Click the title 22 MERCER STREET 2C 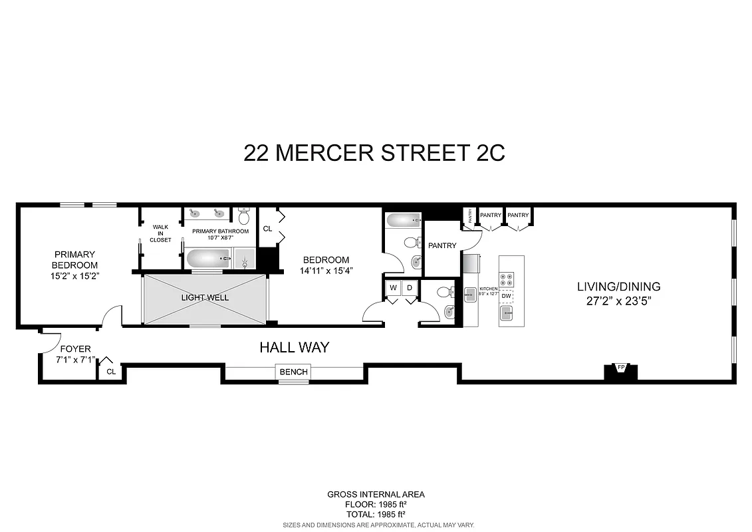click(x=374, y=153)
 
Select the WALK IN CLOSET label click(x=160, y=233)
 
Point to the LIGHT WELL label click(x=205, y=297)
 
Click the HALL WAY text click(x=294, y=347)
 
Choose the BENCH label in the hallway click(x=293, y=372)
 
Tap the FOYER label click(x=75, y=349)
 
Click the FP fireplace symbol click(x=620, y=367)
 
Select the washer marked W click(x=393, y=287)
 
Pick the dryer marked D click(x=410, y=287)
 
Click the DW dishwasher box click(x=507, y=296)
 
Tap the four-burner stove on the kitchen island click(x=507, y=279)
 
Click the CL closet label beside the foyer click(x=111, y=372)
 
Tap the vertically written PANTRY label click(x=470, y=215)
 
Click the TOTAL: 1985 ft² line click(x=376, y=514)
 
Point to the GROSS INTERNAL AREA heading click(x=376, y=494)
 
